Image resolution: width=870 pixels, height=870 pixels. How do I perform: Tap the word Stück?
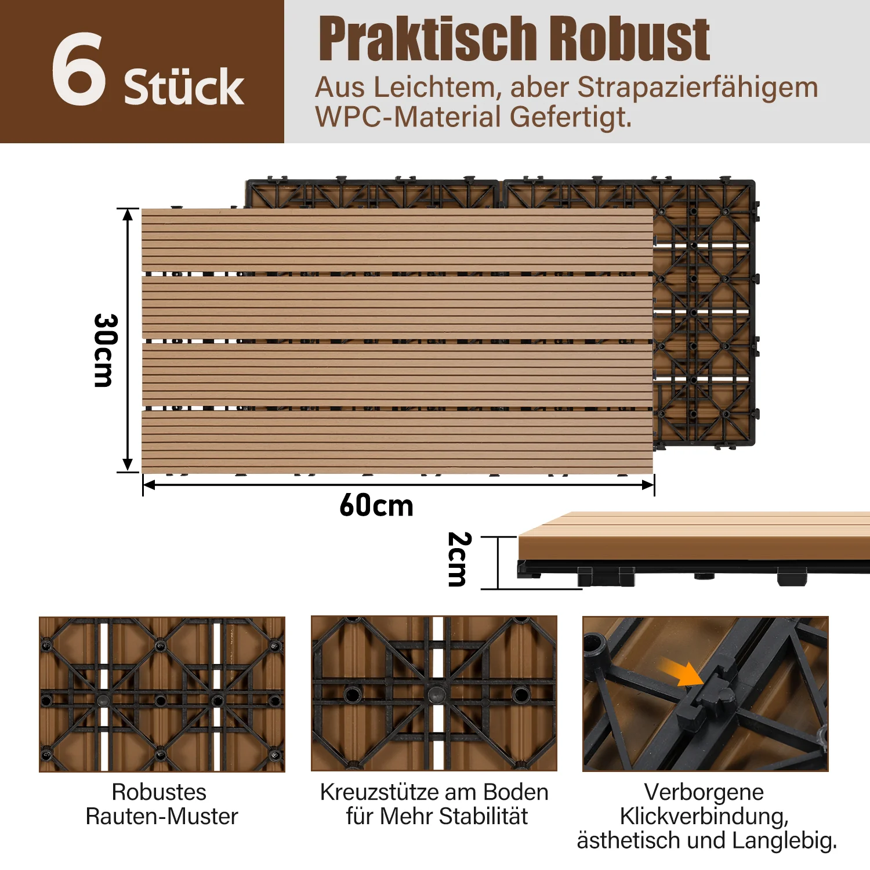[x=184, y=87]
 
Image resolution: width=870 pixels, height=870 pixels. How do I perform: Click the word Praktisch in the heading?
[x=428, y=39]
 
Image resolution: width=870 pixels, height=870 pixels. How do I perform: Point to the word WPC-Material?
[x=408, y=117]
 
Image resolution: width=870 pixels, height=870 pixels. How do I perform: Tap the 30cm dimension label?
[x=106, y=350]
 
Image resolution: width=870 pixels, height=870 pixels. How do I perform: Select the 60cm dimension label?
[x=376, y=505]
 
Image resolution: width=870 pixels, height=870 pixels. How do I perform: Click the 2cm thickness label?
[x=458, y=559]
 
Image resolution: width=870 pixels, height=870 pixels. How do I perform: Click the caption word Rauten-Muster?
[x=162, y=817]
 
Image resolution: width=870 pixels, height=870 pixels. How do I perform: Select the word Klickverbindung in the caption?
[x=704, y=817]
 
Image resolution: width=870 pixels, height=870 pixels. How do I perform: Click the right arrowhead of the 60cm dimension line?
[x=648, y=485]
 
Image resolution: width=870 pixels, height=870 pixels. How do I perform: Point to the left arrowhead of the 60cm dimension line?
[x=149, y=485]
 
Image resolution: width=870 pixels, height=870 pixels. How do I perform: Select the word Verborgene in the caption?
[x=704, y=792]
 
